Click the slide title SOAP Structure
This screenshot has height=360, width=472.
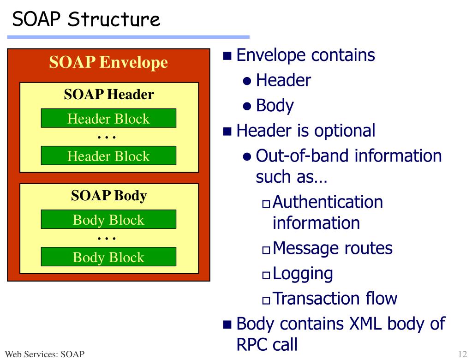point(86,19)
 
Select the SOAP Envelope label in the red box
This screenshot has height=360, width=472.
point(108,62)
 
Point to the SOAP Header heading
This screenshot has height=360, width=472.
point(108,95)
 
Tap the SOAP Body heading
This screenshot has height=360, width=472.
point(108,196)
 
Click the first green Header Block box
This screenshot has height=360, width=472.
point(108,119)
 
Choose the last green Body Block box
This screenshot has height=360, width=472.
point(108,257)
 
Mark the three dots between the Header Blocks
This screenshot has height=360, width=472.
point(107,137)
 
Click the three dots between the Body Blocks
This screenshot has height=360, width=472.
point(107,239)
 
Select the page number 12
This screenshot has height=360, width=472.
point(462,354)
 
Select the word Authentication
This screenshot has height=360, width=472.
point(328,202)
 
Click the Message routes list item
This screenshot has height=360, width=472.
point(332,248)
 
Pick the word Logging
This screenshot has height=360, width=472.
point(303,274)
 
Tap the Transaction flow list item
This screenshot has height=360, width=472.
point(335,299)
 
